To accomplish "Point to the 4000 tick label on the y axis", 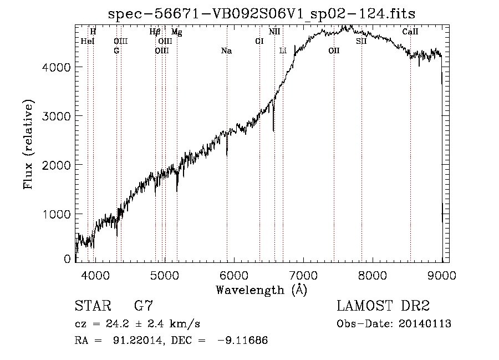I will [57, 67].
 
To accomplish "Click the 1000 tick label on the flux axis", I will [57, 214].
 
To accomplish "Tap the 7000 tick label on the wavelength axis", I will [303, 274].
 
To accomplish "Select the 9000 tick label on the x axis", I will [442, 274].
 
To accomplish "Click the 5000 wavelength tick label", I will [165, 274].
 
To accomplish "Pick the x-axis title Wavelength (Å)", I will [261, 289].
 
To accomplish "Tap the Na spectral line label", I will [226, 51].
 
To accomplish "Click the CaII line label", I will [410, 32].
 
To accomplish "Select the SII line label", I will [361, 41].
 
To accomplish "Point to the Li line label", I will [283, 51].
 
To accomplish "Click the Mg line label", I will [176, 32].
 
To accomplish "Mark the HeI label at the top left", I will [88, 41].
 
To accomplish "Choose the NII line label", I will [274, 32].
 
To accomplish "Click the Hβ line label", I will [155, 32].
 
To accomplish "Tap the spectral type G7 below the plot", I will [144, 306].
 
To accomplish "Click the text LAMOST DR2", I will [383, 306].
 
